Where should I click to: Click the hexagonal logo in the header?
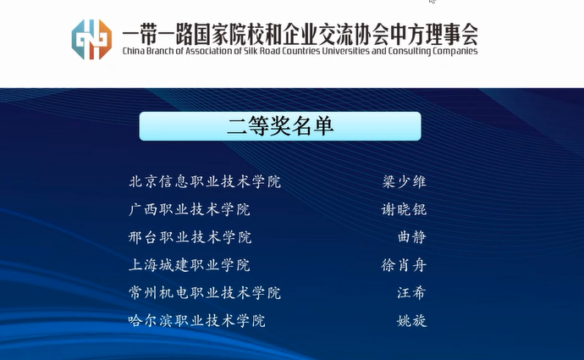(x=91, y=39)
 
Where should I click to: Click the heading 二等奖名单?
(x=280, y=126)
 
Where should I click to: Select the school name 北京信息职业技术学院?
(x=205, y=182)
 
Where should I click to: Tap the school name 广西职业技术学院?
(x=190, y=209)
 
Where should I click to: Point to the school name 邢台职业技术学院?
(x=190, y=237)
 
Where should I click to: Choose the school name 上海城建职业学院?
(x=190, y=265)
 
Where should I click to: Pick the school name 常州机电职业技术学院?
(x=205, y=293)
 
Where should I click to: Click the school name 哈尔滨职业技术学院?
(x=196, y=320)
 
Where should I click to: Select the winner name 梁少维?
(x=404, y=182)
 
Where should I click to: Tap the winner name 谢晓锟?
(x=404, y=209)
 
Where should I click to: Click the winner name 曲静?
(x=412, y=237)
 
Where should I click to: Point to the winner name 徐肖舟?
(x=404, y=265)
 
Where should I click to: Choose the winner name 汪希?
(x=411, y=293)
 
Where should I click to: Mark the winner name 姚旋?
(x=412, y=320)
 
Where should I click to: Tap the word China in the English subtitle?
(x=134, y=51)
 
